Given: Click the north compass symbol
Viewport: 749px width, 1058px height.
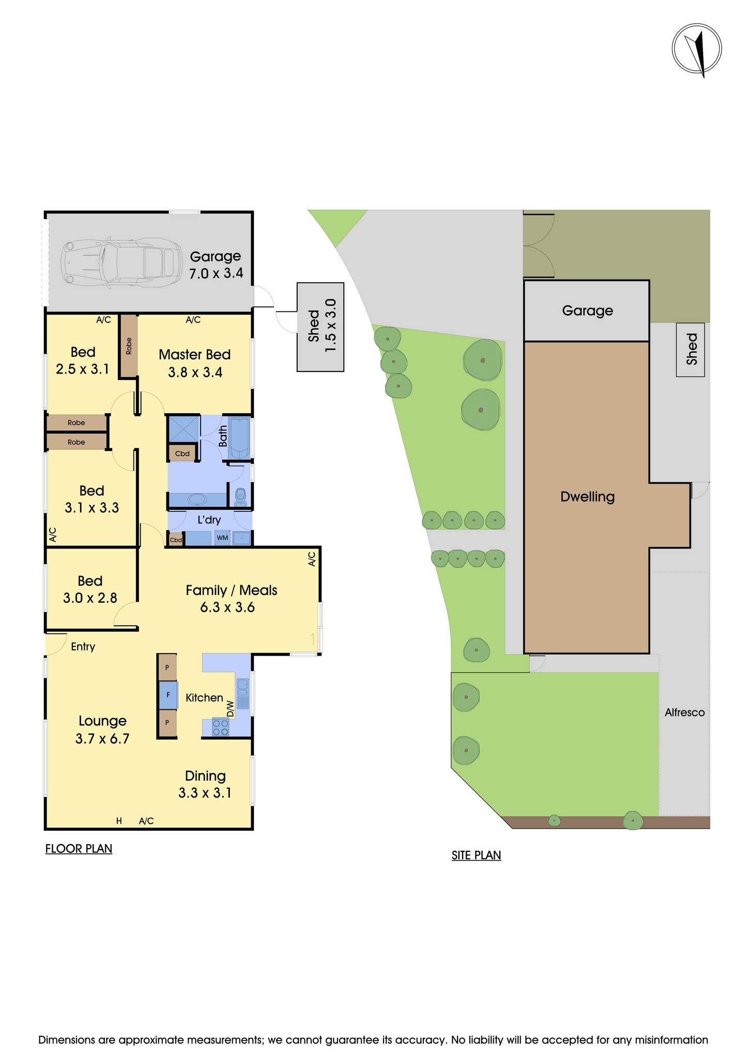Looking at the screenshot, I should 696,49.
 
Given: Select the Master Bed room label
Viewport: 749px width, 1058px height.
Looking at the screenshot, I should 194,363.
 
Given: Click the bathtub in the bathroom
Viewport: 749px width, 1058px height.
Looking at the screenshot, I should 239,438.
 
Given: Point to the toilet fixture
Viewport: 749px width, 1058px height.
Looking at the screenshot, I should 240,497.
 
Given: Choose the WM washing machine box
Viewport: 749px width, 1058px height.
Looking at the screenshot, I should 222,538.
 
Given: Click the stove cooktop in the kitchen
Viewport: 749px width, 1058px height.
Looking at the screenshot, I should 221,727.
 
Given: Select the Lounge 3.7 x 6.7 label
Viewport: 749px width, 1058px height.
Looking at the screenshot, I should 102,729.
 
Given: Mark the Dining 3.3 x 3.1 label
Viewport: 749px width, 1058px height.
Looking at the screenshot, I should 205,784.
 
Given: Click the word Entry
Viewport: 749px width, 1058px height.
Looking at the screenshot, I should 83,647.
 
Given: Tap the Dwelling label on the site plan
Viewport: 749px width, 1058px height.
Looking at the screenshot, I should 587,497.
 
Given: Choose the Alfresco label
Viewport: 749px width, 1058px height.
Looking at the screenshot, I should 684,712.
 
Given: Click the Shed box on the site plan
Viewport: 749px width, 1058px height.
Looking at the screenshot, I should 691,350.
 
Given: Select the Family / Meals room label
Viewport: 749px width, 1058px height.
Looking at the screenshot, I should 231,598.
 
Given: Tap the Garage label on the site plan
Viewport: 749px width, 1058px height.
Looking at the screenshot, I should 587,310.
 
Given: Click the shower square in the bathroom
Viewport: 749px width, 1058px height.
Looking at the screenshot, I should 184,429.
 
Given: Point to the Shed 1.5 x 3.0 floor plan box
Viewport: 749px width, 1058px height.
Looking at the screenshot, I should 320,326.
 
